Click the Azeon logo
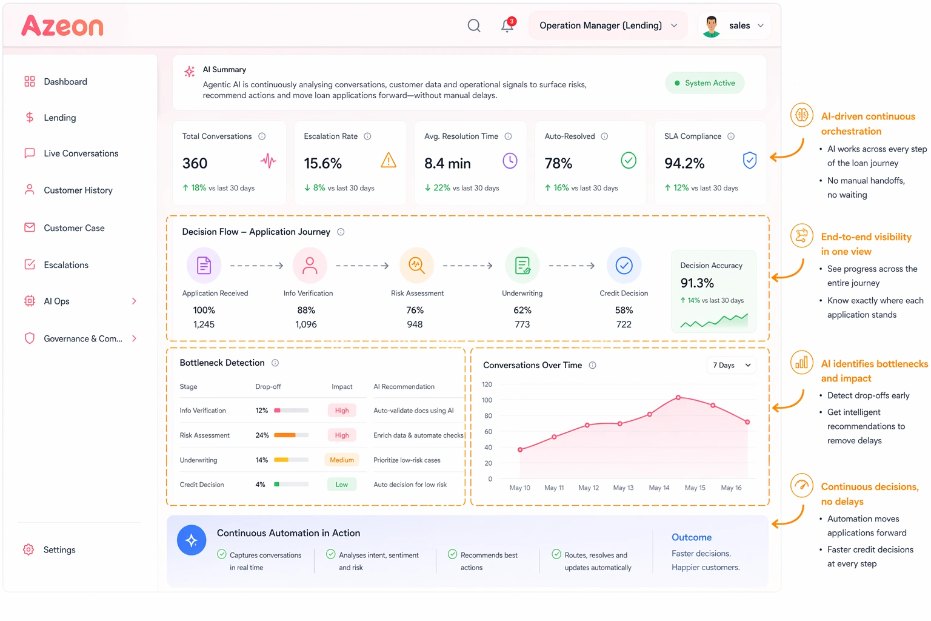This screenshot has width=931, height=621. point(62,26)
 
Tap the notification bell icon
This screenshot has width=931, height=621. point(507,25)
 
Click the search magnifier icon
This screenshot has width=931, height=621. point(474,25)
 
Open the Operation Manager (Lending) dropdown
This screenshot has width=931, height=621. point(608,25)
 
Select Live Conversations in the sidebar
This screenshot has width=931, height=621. point(81,153)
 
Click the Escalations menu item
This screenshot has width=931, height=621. point(65,265)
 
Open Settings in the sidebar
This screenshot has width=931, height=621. point(59,550)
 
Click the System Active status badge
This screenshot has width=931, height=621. point(704,83)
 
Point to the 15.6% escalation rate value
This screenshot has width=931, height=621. point(322,164)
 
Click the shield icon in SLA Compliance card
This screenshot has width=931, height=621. point(750,161)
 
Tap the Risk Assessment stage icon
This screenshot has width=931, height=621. point(416,265)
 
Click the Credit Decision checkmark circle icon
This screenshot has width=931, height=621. point(624,266)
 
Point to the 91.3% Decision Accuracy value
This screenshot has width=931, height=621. point(697,283)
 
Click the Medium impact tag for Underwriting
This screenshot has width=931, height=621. point(342,460)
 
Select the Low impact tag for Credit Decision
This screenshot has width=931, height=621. point(342,485)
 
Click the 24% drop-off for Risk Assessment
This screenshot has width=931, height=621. point(262,435)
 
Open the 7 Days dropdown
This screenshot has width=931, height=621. point(732,365)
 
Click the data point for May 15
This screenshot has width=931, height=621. point(713,405)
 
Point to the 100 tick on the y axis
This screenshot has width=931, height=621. point(487,400)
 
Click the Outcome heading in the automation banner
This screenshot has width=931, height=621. point(692,537)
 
